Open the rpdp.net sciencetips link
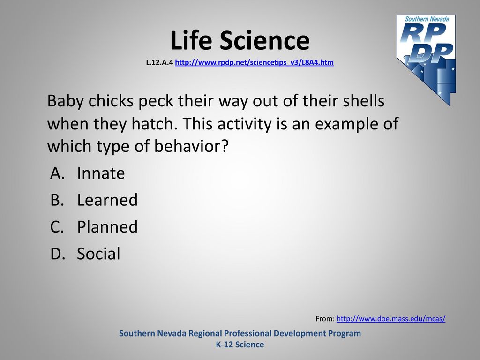254,62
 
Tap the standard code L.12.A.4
159,62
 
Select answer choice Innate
101,173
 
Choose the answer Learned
107,200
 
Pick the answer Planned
107,227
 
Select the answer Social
98,254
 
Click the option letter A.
57,173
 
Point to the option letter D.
58,254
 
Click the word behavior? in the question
191,146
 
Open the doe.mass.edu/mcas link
391,319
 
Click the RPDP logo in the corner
426,60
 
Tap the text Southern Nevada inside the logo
427,19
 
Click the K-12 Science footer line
240,345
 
